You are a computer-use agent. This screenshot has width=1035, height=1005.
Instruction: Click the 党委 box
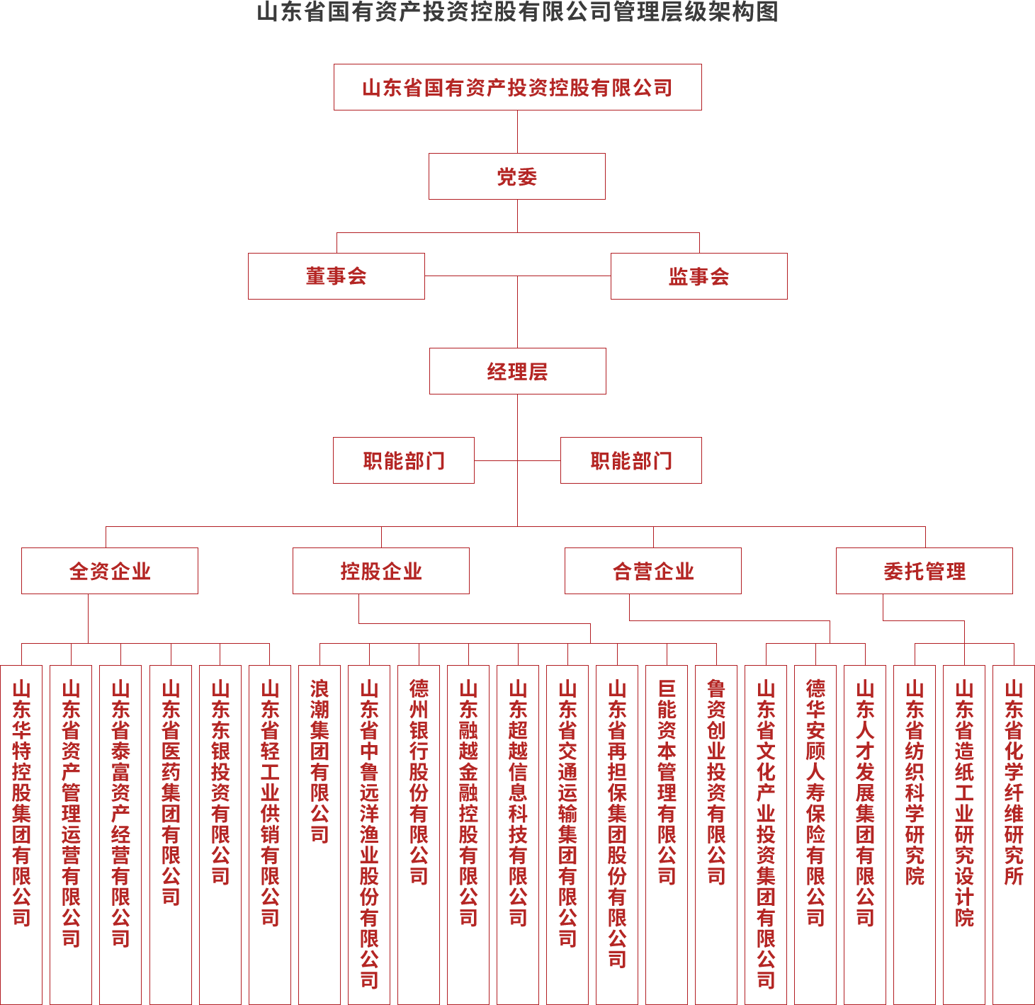516,176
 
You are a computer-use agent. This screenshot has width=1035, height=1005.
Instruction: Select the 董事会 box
336,276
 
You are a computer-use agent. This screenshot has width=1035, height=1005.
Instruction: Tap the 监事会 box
699,276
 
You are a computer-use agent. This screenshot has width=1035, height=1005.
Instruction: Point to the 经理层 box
517,371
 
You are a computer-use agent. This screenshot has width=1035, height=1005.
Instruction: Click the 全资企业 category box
109,571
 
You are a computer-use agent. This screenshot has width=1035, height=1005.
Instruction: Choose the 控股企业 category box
380,571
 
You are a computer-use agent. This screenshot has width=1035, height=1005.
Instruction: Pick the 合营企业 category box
652,571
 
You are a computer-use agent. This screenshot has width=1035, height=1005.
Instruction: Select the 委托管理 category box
924,571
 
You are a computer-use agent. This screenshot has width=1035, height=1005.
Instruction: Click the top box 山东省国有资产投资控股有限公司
517,87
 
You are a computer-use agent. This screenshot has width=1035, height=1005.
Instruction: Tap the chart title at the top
517,12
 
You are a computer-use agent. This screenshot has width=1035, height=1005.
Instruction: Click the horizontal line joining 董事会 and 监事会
517,276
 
